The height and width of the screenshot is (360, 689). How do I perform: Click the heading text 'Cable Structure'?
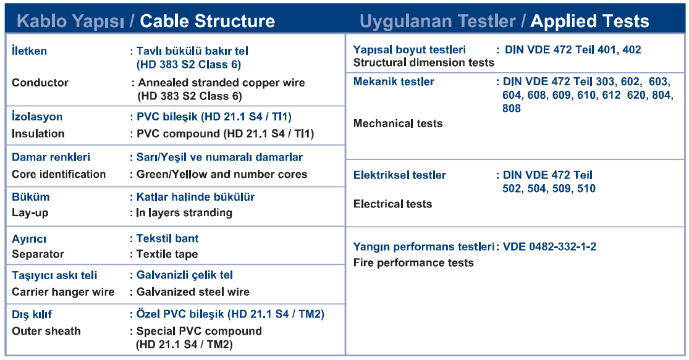pyautogui.click(x=208, y=21)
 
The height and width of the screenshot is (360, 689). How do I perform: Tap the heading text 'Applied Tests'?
pyautogui.click(x=590, y=21)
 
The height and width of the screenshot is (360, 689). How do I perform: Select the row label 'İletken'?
pyautogui.click(x=30, y=51)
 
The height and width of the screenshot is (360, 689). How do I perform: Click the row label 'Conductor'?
pyautogui.click(x=40, y=83)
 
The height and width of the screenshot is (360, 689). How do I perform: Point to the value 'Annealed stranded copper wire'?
pyautogui.click(x=221, y=83)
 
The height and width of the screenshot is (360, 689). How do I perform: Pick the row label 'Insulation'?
pyautogui.click(x=38, y=133)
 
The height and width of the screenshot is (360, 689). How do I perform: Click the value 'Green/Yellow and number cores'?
pyautogui.click(x=222, y=174)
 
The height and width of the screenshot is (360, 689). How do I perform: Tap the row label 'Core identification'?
pyautogui.click(x=59, y=174)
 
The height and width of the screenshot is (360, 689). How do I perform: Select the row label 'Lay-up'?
pyautogui.click(x=30, y=213)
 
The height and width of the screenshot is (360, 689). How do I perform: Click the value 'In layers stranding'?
pyautogui.click(x=184, y=213)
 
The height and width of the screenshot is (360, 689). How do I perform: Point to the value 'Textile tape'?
pyautogui.click(x=167, y=254)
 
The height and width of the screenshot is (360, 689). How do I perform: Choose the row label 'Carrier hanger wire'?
pyautogui.click(x=63, y=292)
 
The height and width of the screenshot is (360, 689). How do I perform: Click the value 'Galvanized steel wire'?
pyautogui.click(x=193, y=292)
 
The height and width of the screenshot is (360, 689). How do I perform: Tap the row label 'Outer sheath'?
pyautogui.click(x=46, y=331)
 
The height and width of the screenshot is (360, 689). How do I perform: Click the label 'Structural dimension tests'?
pyautogui.click(x=424, y=63)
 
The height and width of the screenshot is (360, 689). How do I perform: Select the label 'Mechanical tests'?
pyautogui.click(x=398, y=123)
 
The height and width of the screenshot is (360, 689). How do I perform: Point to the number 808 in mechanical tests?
pyautogui.click(x=512, y=109)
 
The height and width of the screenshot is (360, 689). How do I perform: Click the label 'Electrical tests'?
pyautogui.click(x=393, y=204)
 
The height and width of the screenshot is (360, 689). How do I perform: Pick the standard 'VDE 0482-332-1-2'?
pyautogui.click(x=550, y=247)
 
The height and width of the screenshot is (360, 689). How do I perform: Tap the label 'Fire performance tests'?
pyautogui.click(x=413, y=263)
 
